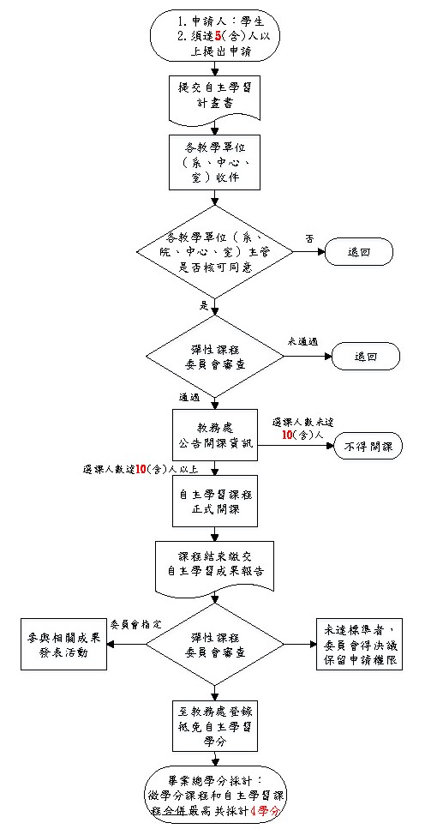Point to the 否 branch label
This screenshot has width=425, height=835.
[308, 238]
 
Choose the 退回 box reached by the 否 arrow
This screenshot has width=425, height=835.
[356, 253]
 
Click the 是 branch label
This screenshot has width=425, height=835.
[204, 305]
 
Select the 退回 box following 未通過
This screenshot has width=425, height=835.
[366, 356]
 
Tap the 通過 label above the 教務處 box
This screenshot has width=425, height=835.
[189, 398]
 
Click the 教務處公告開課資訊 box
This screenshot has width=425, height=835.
[212, 437]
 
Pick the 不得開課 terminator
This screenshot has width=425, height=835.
[368, 448]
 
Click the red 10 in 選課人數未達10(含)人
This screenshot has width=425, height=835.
[288, 436]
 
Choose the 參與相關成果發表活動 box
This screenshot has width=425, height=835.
[65, 644]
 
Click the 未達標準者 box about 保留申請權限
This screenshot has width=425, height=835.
[357, 644]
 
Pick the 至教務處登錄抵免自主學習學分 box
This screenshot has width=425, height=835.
[212, 722]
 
